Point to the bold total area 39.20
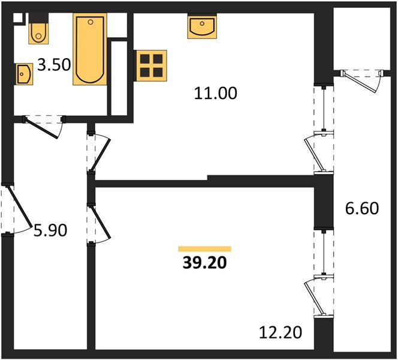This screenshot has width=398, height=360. [204, 263]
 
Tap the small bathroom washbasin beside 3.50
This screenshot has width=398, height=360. [23, 74]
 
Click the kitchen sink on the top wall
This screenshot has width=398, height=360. [201, 27]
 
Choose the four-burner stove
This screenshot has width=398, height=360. [150, 65]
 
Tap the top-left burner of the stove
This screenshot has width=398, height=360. [144, 59]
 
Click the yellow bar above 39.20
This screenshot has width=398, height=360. [204, 248]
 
